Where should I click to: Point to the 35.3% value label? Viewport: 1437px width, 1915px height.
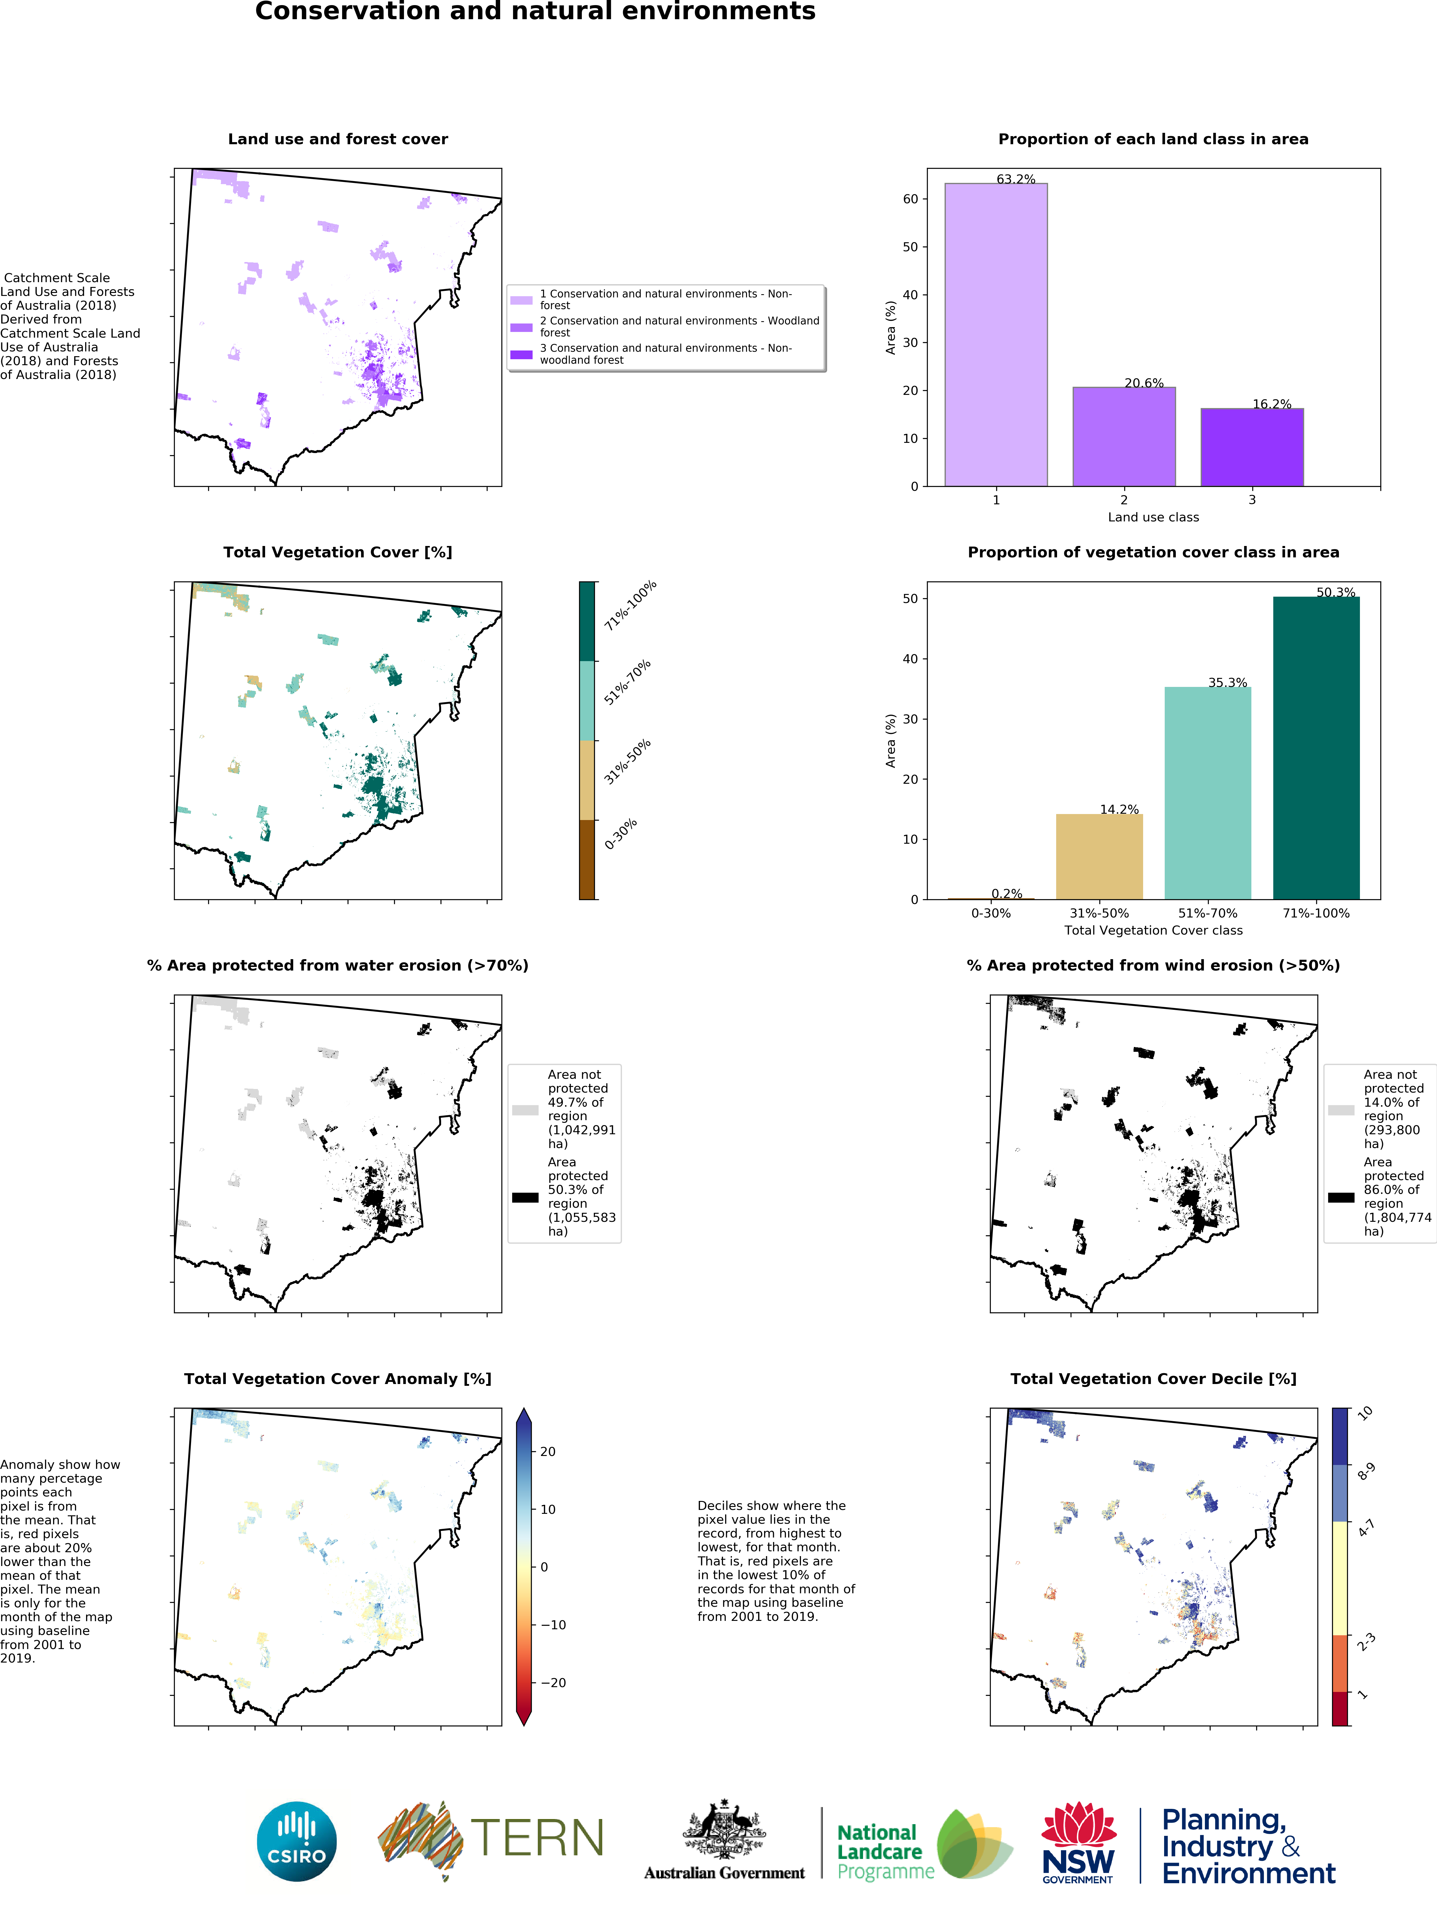click(x=1227, y=682)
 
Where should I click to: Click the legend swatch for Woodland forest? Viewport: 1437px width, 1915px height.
click(x=521, y=327)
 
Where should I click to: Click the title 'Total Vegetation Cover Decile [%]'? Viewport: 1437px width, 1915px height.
click(x=1153, y=1378)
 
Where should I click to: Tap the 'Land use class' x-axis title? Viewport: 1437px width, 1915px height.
click(x=1153, y=517)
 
